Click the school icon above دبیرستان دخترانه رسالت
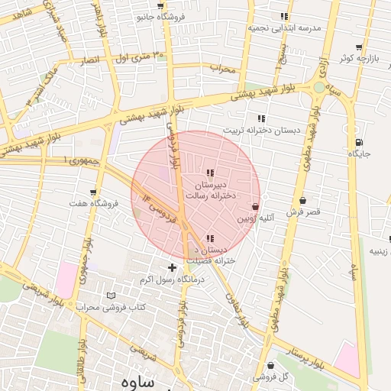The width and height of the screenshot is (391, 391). [210, 173]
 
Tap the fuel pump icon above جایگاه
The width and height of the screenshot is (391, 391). [359, 142]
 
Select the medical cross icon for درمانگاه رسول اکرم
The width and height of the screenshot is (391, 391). [172, 267]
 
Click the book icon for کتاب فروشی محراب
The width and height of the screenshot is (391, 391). [111, 296]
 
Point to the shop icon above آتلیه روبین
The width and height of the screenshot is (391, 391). [254, 206]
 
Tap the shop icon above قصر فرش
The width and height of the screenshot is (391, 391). [302, 200]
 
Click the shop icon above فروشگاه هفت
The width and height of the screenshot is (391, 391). [93, 192]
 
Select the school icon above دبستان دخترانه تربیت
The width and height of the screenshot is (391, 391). [261, 118]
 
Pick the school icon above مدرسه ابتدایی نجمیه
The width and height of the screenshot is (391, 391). [284, 16]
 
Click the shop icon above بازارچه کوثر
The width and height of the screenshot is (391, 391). [358, 47]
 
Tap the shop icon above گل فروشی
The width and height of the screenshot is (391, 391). [272, 365]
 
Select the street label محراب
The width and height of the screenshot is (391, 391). [225, 68]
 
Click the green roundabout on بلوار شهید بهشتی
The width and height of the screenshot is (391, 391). [319, 87]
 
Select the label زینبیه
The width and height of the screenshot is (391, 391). [380, 250]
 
